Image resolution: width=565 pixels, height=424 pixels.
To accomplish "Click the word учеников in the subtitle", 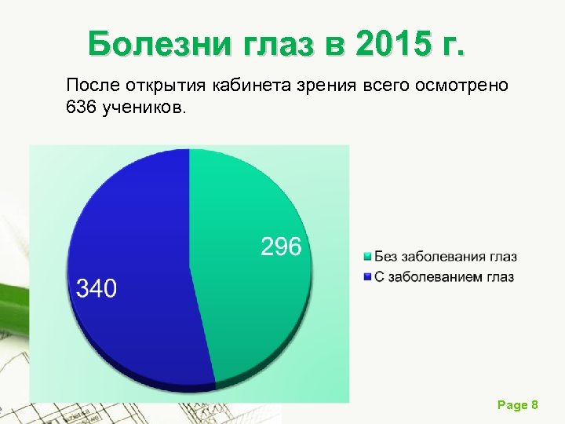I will tap(148, 106).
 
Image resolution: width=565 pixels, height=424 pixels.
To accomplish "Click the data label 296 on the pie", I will tap(281, 247).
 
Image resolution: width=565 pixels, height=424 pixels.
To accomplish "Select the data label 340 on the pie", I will tap(96, 288).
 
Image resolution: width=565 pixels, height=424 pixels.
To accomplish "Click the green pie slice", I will tap(251, 298).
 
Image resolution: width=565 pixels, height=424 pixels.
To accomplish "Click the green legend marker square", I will tap(367, 258).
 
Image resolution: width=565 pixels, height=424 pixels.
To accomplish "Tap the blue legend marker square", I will tap(367, 277).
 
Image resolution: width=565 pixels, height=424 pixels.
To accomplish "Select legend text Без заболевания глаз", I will tap(445, 257).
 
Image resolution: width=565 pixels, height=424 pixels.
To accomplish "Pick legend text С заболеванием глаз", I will tap(443, 277).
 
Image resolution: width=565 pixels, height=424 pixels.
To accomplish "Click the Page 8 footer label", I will tap(517, 404).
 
